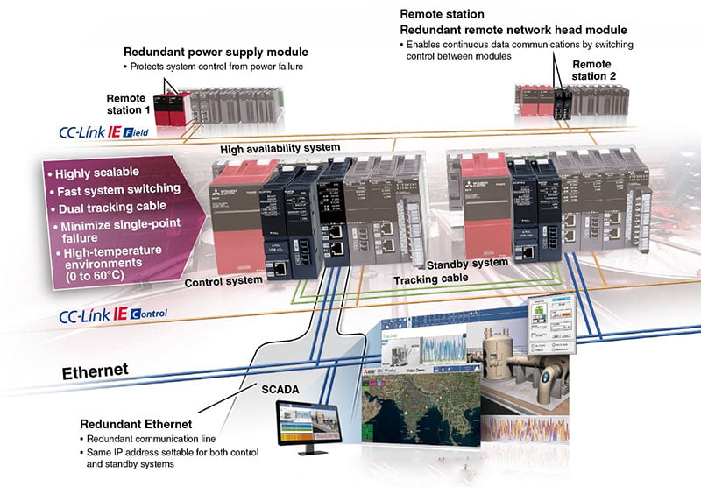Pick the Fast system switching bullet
click(x=112, y=191)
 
